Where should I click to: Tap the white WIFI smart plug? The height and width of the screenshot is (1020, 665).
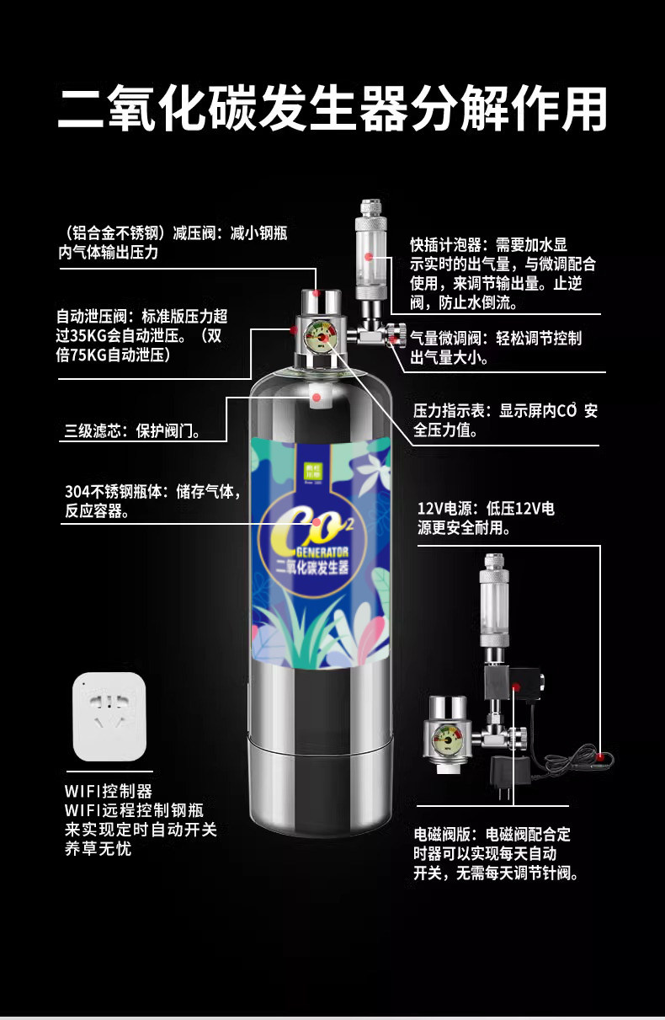coord(109,716)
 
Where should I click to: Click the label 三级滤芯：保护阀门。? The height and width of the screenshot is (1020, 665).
coord(133,431)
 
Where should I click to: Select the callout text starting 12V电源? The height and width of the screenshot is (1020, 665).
coord(486,519)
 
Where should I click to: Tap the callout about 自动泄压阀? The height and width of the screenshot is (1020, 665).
coord(141,336)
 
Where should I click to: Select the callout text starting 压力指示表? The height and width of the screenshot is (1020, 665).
coord(505,420)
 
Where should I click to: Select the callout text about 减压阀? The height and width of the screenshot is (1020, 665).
coord(172,242)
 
